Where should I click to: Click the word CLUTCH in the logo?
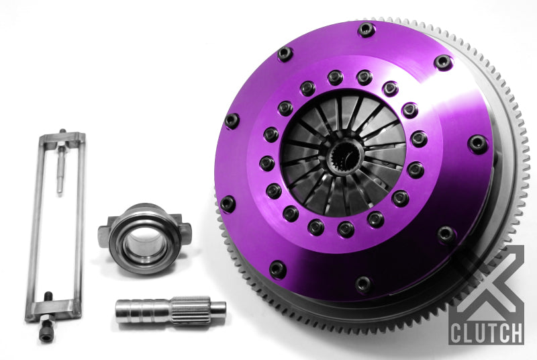[x=487, y=332]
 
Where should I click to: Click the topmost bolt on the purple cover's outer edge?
[x=367, y=29]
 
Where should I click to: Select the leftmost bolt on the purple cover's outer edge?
[x=232, y=121]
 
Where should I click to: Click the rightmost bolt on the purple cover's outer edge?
[x=478, y=142]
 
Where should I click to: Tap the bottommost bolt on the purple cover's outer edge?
[x=363, y=284]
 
